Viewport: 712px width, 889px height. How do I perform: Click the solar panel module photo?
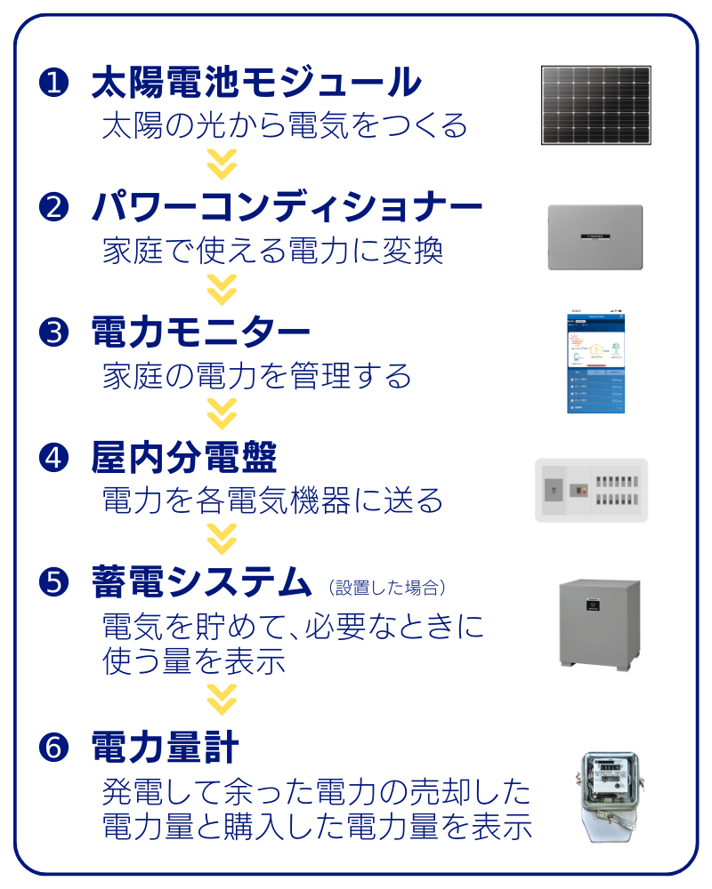pos(595,105)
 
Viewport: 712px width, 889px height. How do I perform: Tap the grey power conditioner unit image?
pos(595,236)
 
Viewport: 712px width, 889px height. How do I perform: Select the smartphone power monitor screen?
pos(596,361)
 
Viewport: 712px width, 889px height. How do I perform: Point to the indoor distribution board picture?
pos(589,489)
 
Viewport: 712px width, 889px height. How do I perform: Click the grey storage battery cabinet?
pos(598,622)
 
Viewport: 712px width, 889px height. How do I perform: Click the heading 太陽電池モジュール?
pos(255,84)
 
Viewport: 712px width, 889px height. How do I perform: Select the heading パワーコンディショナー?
pos(287,208)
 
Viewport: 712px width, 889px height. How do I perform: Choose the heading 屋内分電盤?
pos(183,458)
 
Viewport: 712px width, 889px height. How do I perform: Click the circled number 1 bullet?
pos(53,84)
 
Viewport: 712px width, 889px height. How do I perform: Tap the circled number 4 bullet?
pos(53,458)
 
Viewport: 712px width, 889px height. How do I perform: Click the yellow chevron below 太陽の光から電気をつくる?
pos(222,164)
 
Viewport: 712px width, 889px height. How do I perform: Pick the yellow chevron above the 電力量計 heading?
pos(222,699)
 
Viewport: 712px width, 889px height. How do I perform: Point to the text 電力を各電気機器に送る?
pos(272,501)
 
